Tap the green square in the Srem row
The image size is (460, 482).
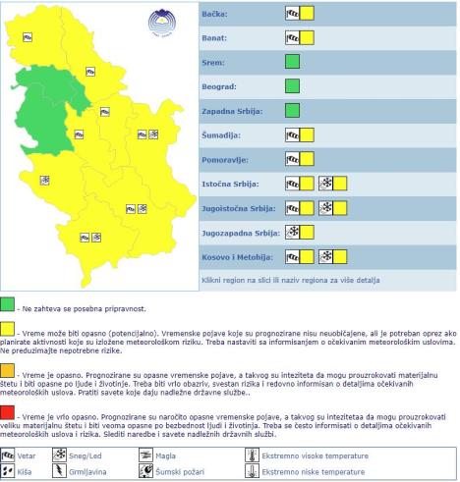[x=292, y=62]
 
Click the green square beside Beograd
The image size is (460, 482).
[x=292, y=86]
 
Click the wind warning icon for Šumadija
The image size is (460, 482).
[x=292, y=134]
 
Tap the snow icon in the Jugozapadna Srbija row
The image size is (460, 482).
[x=292, y=232]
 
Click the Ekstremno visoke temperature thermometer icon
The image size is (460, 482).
[x=251, y=455]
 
